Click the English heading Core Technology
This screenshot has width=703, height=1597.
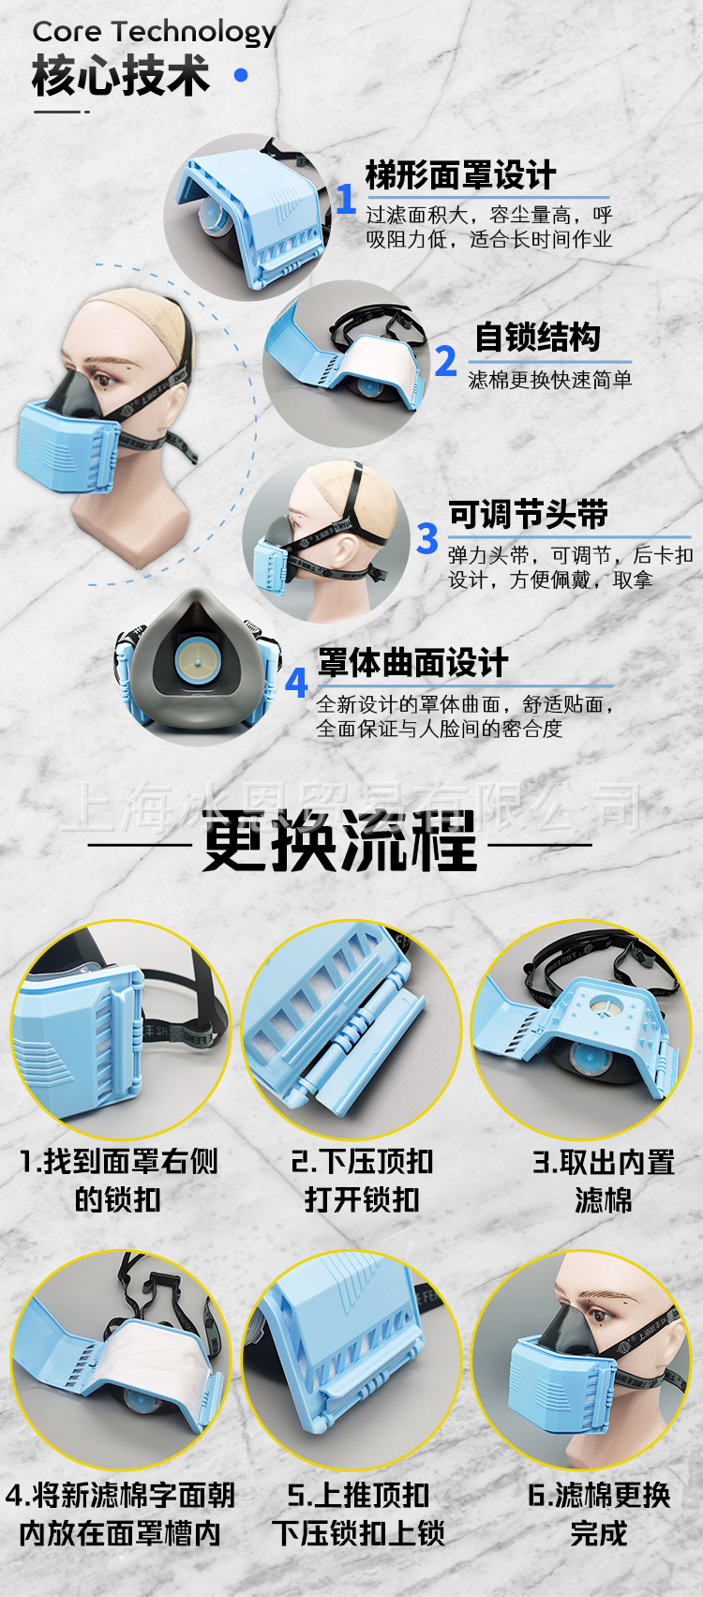coord(154,33)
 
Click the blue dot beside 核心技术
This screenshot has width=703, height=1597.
coord(241,75)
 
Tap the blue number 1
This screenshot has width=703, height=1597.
coord(346,199)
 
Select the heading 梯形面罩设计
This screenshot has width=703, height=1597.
coord(460,175)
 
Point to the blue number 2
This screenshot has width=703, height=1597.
coord(446,361)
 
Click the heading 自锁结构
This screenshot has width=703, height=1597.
coord(537,338)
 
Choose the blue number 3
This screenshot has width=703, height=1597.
coord(427,538)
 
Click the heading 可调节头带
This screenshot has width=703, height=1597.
coord(528,514)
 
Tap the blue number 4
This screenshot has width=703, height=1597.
coord(296,682)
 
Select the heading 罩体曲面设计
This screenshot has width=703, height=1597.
coord(413,663)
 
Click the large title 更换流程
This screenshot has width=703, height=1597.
coord(339,841)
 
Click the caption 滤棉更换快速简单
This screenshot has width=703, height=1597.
coord(550,380)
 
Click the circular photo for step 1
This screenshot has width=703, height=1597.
coord(119,1030)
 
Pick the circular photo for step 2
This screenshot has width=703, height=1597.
coord(351,1030)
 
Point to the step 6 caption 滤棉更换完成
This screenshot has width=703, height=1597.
coord(599,1514)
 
